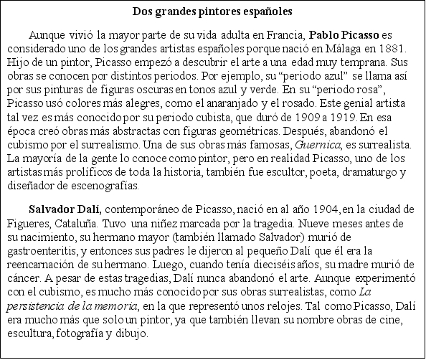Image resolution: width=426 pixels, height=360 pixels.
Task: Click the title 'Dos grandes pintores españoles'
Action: click(x=213, y=12)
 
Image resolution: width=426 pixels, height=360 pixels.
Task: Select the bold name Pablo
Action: click(x=325, y=34)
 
